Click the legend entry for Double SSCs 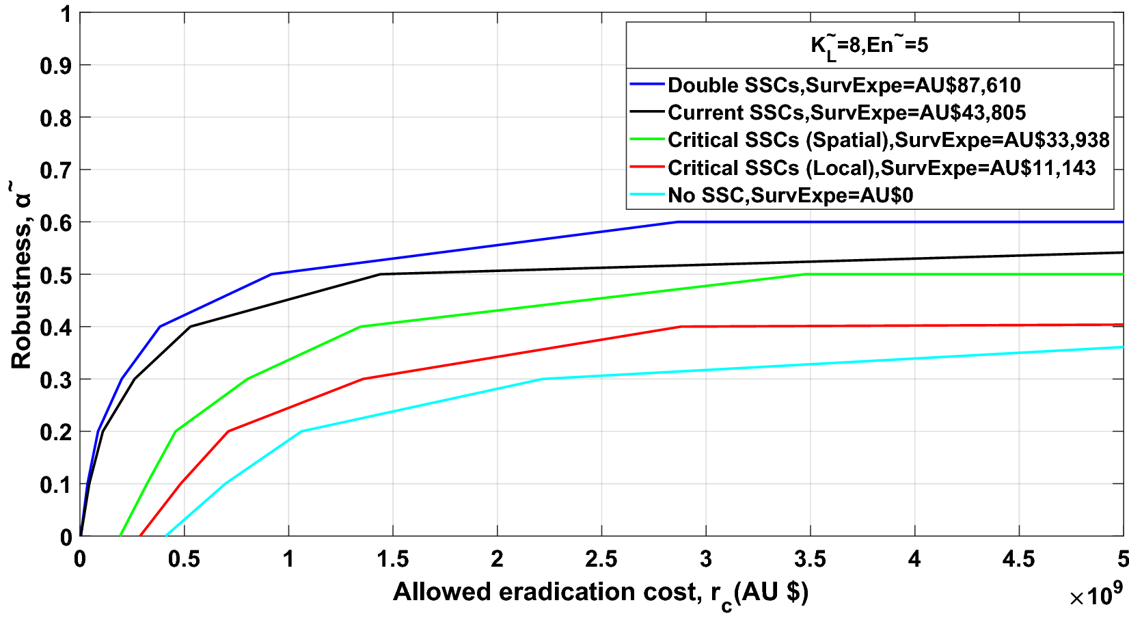point(843,85)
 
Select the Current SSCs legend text point(846,113)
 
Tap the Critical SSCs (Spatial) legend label point(888,140)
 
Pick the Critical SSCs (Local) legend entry point(881,168)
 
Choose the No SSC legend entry point(789,196)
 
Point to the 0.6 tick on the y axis point(56,223)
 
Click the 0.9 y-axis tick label point(56,66)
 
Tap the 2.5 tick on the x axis point(601,559)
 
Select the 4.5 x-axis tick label point(1018,559)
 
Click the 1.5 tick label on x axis point(393,559)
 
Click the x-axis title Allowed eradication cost point(600,592)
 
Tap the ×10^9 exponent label point(1096,596)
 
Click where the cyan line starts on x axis point(166,536)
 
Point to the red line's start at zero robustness point(140,536)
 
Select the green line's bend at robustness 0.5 point(805,274)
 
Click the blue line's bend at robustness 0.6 point(677,221)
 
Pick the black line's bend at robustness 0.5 point(381,274)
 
